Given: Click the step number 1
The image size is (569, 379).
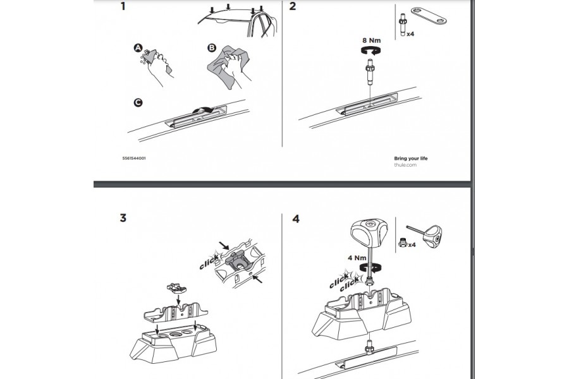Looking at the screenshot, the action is tap(123, 6).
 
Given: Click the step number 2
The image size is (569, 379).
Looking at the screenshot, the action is tap(293, 6).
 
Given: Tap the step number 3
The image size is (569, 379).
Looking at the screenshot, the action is tap(123, 217).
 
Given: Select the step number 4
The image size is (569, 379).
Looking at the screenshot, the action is tap(296, 219).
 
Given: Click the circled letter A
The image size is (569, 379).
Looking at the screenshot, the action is tap(138, 48).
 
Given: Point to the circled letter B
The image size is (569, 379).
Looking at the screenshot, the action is tap(211, 48).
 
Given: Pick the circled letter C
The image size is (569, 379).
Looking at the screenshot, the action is tap(138, 102).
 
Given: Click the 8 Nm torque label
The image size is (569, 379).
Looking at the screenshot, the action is tap(372, 40).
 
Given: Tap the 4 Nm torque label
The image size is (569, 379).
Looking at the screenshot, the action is tap(357, 258).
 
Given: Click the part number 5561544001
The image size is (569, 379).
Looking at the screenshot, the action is tap(134, 158).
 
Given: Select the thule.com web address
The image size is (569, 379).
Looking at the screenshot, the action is tap(405, 165).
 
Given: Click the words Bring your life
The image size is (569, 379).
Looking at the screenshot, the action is tap(411, 159).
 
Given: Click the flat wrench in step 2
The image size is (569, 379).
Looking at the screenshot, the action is tap(429, 16).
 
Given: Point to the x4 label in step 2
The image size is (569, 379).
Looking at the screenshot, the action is tap(410, 34).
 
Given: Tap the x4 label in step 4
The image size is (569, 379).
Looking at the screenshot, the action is tap(412, 245).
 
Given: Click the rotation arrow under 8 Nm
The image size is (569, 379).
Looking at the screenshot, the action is tap(371, 51).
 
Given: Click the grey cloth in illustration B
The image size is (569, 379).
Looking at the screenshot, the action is tap(228, 66).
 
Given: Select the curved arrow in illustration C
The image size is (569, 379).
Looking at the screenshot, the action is tap(203, 110).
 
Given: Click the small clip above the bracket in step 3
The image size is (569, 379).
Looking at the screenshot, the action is tap(177, 288).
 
